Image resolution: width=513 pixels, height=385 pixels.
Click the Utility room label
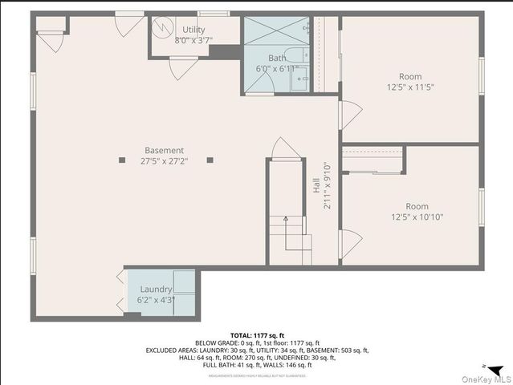(193, 30)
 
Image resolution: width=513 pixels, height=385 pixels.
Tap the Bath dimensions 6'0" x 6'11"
(277, 70)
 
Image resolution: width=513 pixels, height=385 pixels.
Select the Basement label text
(164, 150)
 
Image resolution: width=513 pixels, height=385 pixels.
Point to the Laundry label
(156, 289)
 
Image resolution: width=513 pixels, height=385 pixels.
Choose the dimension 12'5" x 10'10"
(417, 217)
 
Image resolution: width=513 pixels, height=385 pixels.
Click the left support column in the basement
(122, 160)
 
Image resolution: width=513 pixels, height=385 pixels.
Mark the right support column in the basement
(210, 160)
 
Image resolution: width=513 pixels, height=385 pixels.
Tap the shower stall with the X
(276, 32)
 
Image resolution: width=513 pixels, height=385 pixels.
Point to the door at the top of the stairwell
(285, 148)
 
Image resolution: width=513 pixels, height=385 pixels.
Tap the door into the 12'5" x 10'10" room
(349, 244)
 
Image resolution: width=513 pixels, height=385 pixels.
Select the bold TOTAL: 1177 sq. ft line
(258, 335)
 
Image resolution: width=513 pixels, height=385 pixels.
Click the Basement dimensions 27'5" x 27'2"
(164, 161)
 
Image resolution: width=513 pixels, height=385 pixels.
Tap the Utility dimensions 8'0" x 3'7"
(193, 39)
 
